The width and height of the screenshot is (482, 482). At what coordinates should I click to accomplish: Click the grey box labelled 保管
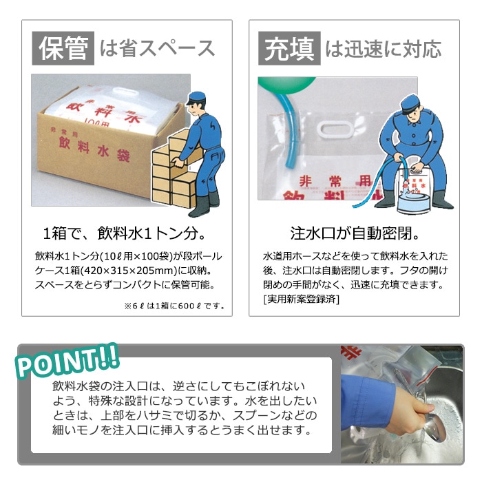[63, 48]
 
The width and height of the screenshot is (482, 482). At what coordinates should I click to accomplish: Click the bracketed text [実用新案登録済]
[302, 300]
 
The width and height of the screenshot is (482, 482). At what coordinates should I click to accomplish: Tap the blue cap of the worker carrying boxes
[197, 96]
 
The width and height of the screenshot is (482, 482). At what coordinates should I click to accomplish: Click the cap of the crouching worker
[412, 108]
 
